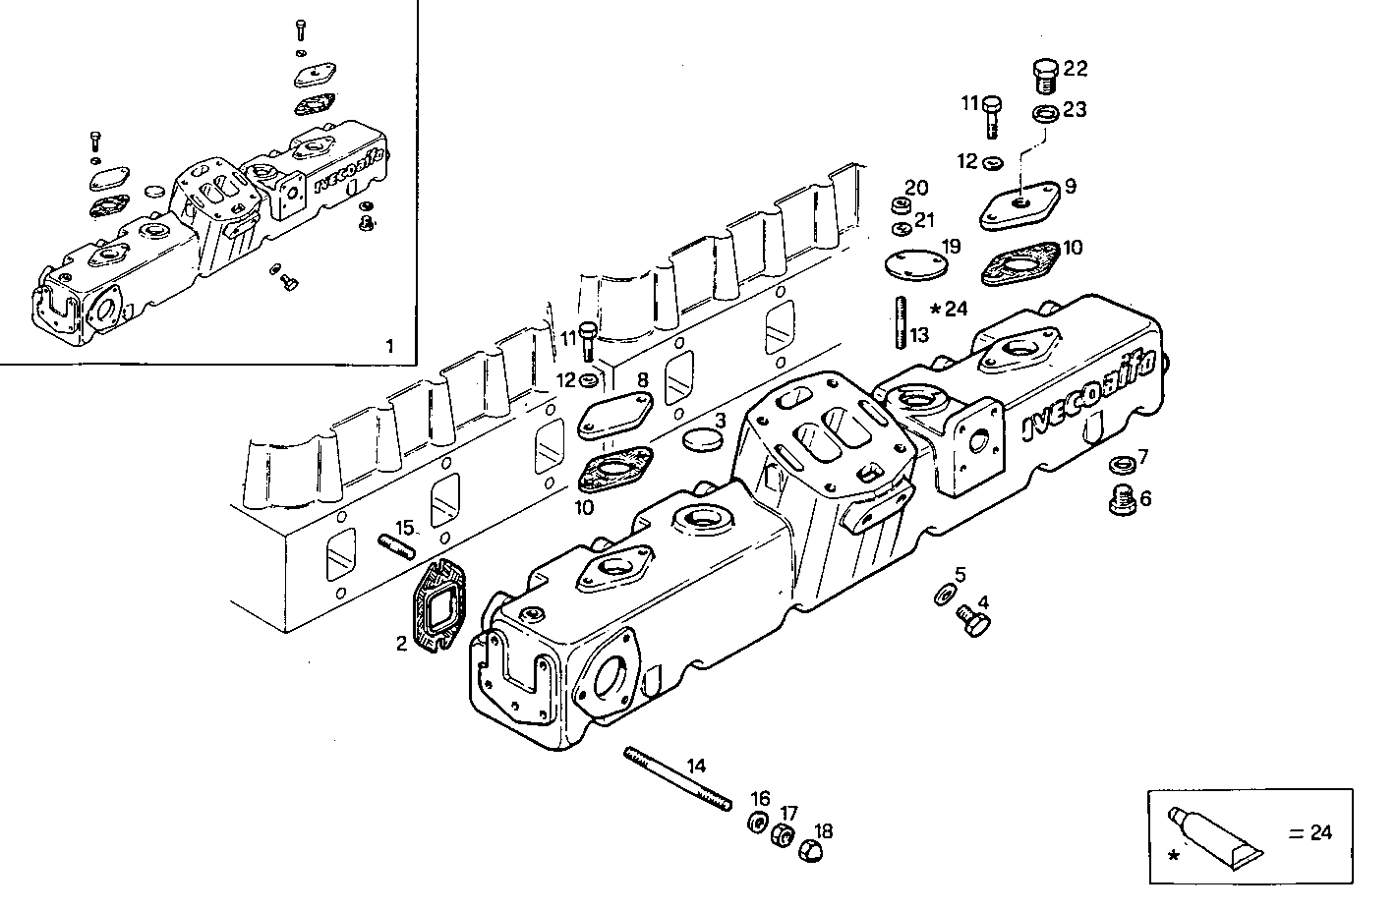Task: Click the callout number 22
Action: tap(1076, 68)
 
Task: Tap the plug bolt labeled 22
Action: tap(1046, 75)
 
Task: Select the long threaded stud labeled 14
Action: tap(678, 780)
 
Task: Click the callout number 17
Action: tap(789, 813)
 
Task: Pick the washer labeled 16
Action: tap(758, 823)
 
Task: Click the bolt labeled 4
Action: tap(973, 620)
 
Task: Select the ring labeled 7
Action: tap(1119, 464)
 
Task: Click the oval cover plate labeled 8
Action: tap(614, 415)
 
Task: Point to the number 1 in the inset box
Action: tap(389, 345)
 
